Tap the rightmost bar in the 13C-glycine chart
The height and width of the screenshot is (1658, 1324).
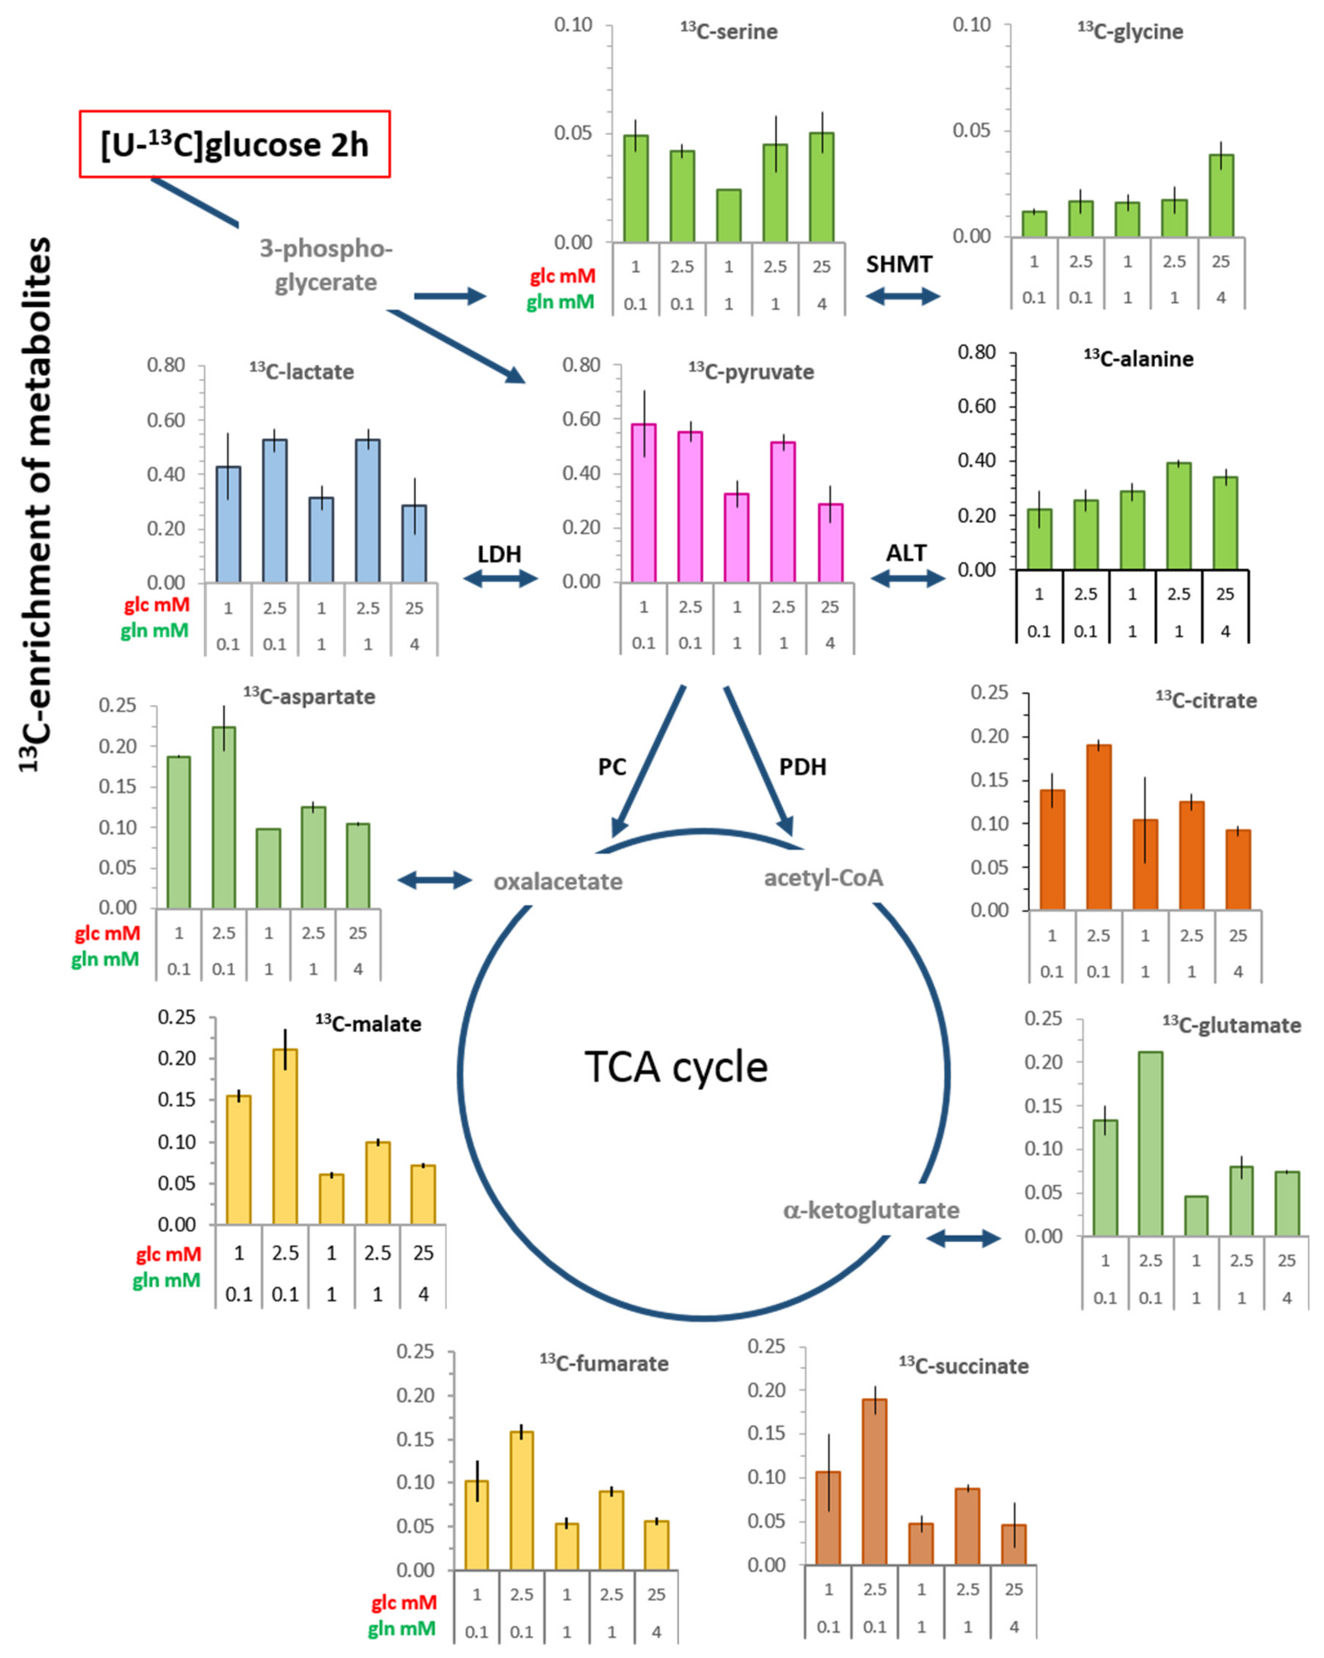(1221, 195)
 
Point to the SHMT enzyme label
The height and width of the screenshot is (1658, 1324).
(899, 265)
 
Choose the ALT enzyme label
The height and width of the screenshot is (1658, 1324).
(907, 553)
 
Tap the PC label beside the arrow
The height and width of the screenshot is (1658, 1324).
(612, 767)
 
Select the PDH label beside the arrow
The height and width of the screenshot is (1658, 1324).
(803, 767)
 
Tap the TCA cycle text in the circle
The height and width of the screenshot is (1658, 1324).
(676, 1067)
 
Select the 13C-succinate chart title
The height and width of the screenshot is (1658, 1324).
(963, 1366)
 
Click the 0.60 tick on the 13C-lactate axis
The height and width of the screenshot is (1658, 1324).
(166, 420)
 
